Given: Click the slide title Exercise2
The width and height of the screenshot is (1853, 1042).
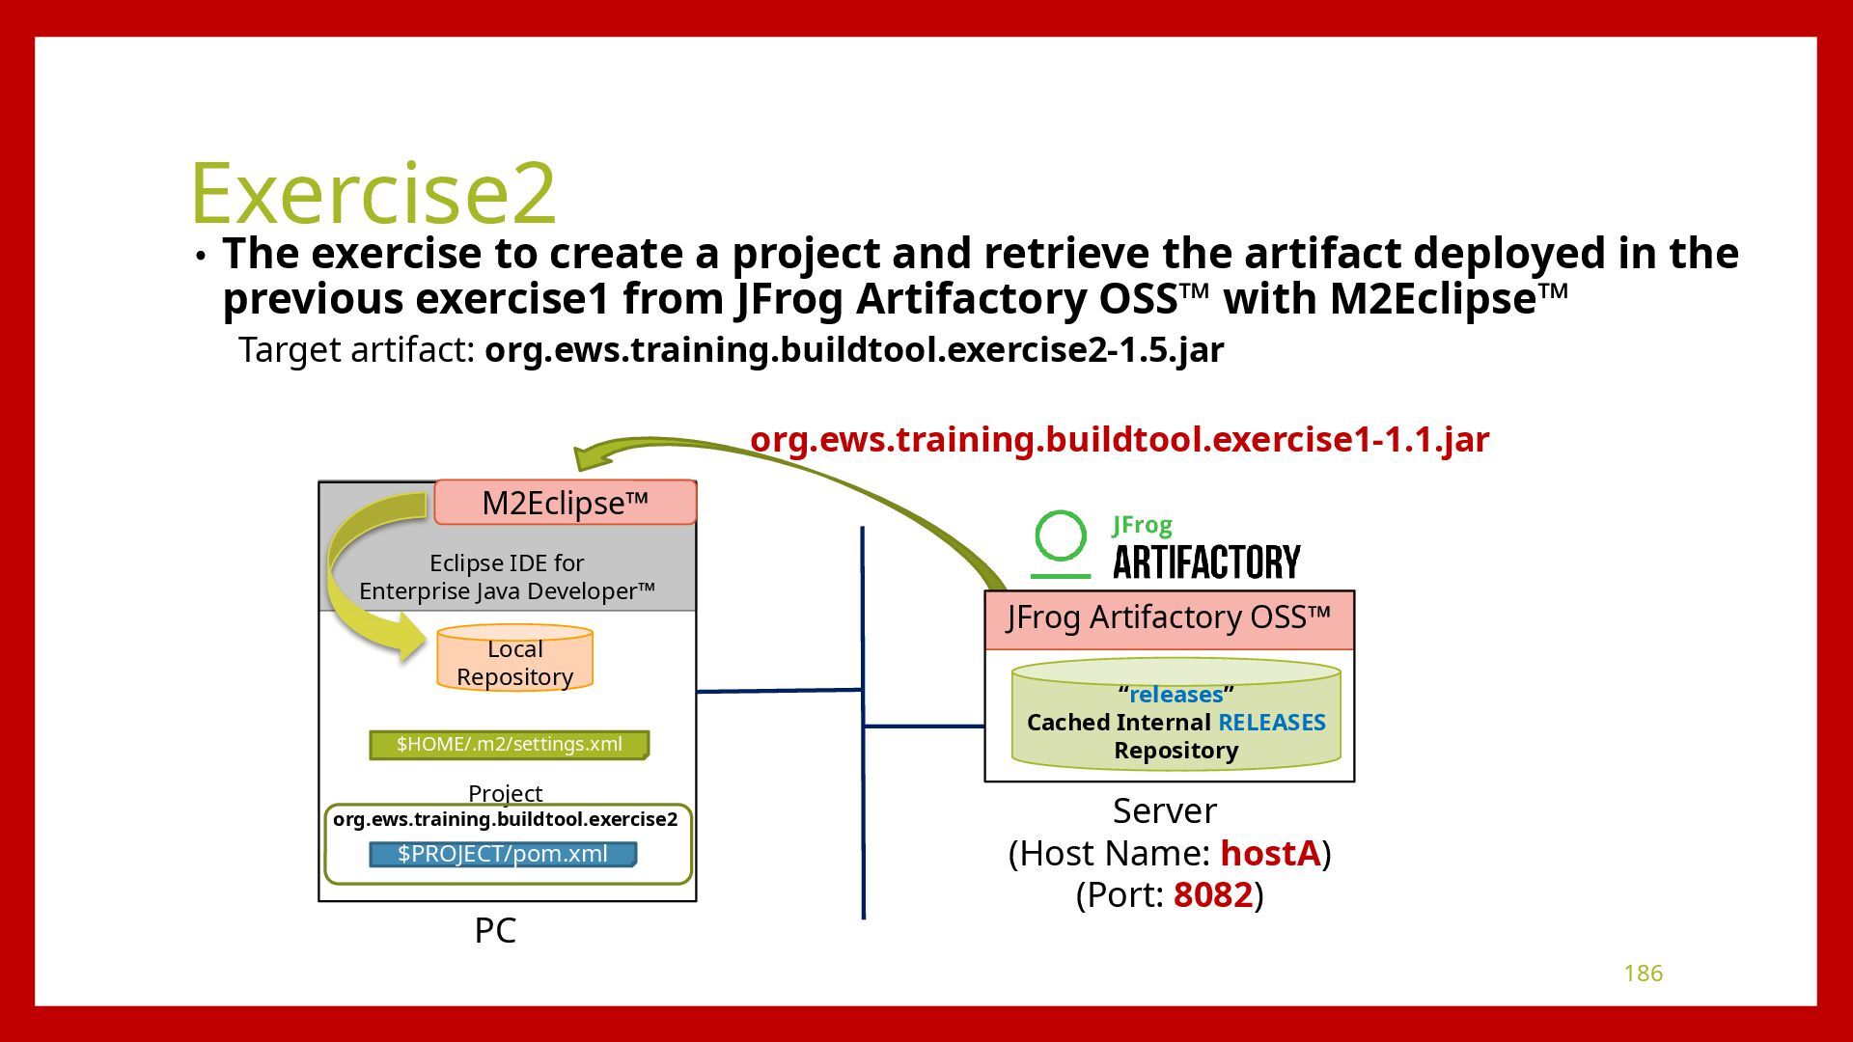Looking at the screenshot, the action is coord(373,192).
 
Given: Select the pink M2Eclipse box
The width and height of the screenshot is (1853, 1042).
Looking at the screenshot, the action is coord(565,503).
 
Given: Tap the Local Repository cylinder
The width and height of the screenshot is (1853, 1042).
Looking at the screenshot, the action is coord(514,662).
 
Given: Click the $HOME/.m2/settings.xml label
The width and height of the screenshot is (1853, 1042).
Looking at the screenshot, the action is coord(509,745).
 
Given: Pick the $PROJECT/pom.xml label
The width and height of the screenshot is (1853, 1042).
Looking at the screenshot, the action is coord(502,854).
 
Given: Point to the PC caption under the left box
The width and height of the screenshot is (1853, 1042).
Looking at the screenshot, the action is coord(495,930).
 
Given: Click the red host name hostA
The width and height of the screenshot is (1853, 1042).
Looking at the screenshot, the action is coord(1269,853).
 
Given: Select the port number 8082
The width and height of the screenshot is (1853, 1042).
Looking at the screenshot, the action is coord(1212,894).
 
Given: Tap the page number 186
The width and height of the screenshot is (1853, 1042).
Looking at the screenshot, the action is coord(1643,973).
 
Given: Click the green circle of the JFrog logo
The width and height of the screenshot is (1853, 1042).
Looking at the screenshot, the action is coord(1060,536).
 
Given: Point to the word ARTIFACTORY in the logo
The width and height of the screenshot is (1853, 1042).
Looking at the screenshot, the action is coord(1206,562).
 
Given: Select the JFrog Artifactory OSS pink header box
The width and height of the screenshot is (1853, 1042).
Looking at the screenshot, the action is coord(1169,618).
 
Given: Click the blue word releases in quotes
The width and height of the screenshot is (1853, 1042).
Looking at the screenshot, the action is coord(1175,695).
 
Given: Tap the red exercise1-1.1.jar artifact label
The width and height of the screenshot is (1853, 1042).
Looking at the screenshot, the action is coord(1120,439).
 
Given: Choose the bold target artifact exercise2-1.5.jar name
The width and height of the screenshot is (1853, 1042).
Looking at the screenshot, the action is coord(853,349).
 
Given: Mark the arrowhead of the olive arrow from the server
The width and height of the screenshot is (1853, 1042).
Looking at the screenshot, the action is coord(589,455).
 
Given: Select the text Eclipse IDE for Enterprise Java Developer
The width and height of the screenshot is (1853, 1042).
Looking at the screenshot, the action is coord(507,577).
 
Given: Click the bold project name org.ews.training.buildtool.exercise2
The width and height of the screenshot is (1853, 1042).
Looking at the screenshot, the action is coord(505,819).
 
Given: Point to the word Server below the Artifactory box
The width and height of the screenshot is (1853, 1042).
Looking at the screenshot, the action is coord(1164,810).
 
